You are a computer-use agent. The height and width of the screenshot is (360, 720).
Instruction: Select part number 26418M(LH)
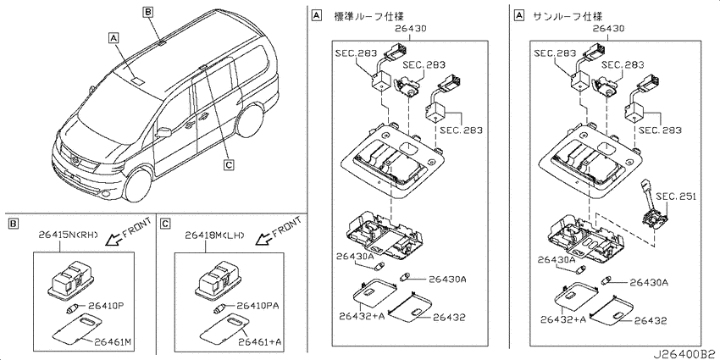point(215,235)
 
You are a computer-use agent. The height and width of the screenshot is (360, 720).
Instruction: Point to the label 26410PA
point(258,305)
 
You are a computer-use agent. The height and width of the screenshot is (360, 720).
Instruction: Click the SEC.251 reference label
point(676,197)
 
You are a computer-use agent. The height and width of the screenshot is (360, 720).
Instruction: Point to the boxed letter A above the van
point(114,37)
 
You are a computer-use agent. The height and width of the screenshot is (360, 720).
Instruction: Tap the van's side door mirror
point(163,132)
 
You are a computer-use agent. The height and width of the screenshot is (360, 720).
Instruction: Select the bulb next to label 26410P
point(73,307)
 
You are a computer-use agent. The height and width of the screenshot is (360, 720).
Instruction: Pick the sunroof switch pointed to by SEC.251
point(653,216)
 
